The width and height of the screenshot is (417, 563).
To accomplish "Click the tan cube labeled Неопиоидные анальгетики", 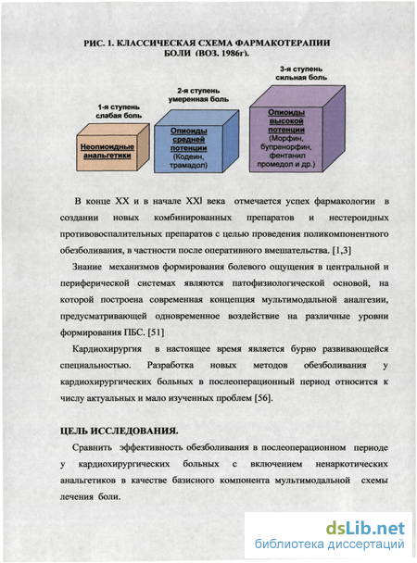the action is pyautogui.click(x=113, y=148).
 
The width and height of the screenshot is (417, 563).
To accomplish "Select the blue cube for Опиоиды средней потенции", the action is pyautogui.click(x=196, y=142).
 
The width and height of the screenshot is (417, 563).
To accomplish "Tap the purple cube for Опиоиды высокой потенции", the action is pyautogui.click(x=297, y=130).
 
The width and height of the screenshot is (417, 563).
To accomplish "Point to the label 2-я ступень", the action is pyautogui.click(x=198, y=91).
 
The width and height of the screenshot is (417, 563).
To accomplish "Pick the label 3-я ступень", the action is pyautogui.click(x=301, y=69).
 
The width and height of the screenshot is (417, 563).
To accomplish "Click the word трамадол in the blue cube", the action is pyautogui.click(x=188, y=166).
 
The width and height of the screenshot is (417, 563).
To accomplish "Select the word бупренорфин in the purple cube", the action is pyautogui.click(x=286, y=147).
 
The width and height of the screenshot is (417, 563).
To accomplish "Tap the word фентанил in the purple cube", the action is pyautogui.click(x=287, y=156).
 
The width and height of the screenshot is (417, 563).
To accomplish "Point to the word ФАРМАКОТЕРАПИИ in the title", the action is pyautogui.click(x=283, y=44).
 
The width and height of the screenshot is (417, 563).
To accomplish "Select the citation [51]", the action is pyautogui.click(x=157, y=332).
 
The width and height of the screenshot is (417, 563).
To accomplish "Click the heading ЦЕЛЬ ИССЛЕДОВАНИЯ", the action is pyautogui.click(x=119, y=431).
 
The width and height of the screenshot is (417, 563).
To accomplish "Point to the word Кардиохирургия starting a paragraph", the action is pyautogui.click(x=107, y=349).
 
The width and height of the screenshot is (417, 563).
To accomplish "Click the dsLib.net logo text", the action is pyautogui.click(x=365, y=528).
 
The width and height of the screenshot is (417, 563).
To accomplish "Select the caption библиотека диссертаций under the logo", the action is pyautogui.click(x=330, y=544).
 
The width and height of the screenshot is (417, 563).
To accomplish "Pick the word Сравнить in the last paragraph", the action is pyautogui.click(x=92, y=448).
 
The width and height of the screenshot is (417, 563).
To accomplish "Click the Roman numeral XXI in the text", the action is pyautogui.click(x=195, y=201).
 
